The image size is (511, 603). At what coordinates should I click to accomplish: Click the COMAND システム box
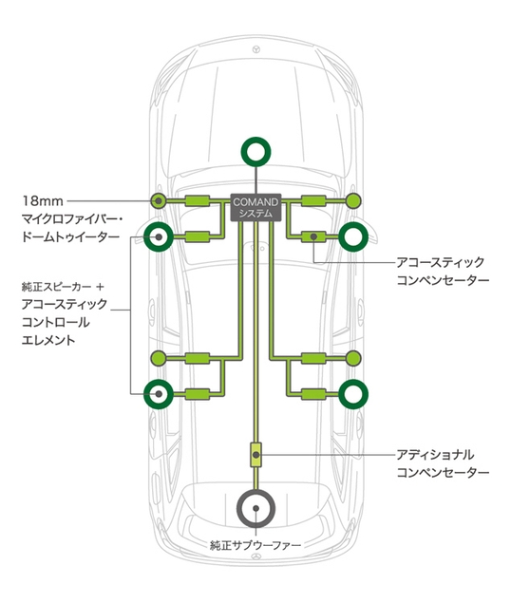coord(255,207)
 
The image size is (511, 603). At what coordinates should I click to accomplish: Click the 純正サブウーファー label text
coord(255,547)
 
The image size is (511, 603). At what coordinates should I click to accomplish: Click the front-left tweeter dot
coord(159,200)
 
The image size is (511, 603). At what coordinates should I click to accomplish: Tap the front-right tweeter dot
coord(353,200)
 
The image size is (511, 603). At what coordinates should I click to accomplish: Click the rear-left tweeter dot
coord(159,358)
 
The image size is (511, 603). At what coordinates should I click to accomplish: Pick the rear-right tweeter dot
coord(353,358)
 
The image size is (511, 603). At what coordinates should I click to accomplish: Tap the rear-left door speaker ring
coord(159,393)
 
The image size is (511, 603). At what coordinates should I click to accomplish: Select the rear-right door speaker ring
coord(353,393)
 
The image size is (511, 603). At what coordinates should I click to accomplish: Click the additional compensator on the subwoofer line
coord(255,455)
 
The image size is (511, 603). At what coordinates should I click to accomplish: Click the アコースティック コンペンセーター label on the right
coord(443,272)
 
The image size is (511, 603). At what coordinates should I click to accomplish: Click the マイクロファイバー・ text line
coord(72,219)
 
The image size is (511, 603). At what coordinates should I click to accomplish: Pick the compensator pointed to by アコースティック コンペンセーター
coord(312,236)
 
